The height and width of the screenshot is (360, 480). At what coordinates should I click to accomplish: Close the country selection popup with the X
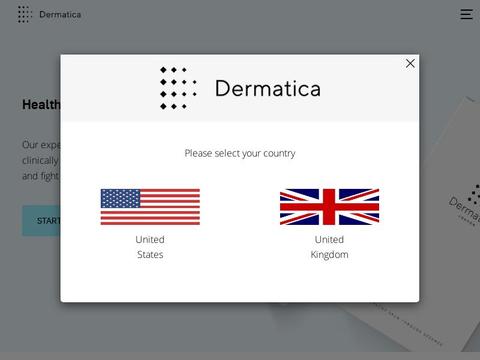point(410,63)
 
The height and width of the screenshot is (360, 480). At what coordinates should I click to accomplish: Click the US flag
point(150,207)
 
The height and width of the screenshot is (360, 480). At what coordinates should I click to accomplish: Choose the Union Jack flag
point(329,207)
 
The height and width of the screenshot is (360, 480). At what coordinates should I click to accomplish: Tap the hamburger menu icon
point(466,14)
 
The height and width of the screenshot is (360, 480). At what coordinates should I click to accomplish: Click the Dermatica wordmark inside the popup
point(267,89)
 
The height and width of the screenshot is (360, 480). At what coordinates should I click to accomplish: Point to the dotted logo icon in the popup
point(177,88)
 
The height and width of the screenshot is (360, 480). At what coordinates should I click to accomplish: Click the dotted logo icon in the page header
point(24,14)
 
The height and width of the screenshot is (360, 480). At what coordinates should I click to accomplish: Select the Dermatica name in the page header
point(60,14)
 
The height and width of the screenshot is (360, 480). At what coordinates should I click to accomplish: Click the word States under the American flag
point(150,255)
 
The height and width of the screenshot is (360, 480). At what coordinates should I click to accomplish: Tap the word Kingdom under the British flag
point(329,255)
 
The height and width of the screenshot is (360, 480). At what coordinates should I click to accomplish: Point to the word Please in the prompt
point(199,153)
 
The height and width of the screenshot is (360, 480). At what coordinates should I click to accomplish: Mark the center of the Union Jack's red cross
point(329,207)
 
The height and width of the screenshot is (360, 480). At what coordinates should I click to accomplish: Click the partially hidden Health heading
point(41,105)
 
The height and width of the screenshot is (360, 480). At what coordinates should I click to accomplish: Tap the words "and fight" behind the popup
point(40,176)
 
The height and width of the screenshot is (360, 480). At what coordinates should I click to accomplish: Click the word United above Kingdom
point(329,240)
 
